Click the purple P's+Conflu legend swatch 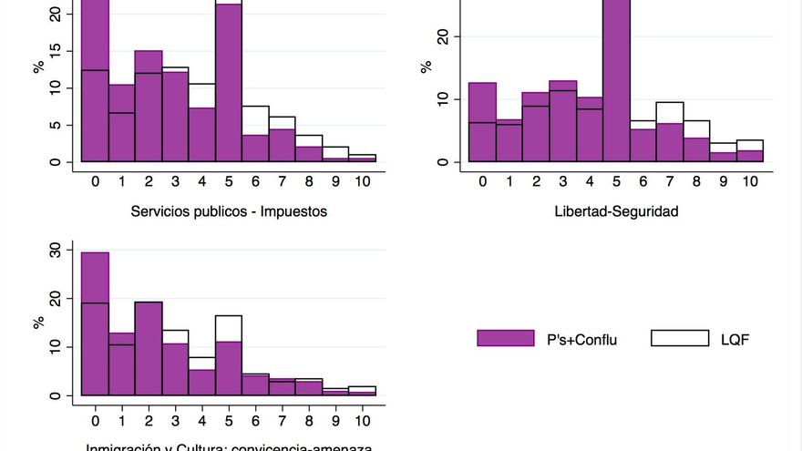505,338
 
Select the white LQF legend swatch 679,338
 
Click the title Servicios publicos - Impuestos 229,211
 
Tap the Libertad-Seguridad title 629,211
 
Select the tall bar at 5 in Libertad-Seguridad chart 616,82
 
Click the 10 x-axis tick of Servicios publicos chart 362,181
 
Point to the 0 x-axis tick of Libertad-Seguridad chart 482,181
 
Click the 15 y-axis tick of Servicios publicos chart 55,51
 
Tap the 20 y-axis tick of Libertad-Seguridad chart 443,36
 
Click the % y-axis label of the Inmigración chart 38,323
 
